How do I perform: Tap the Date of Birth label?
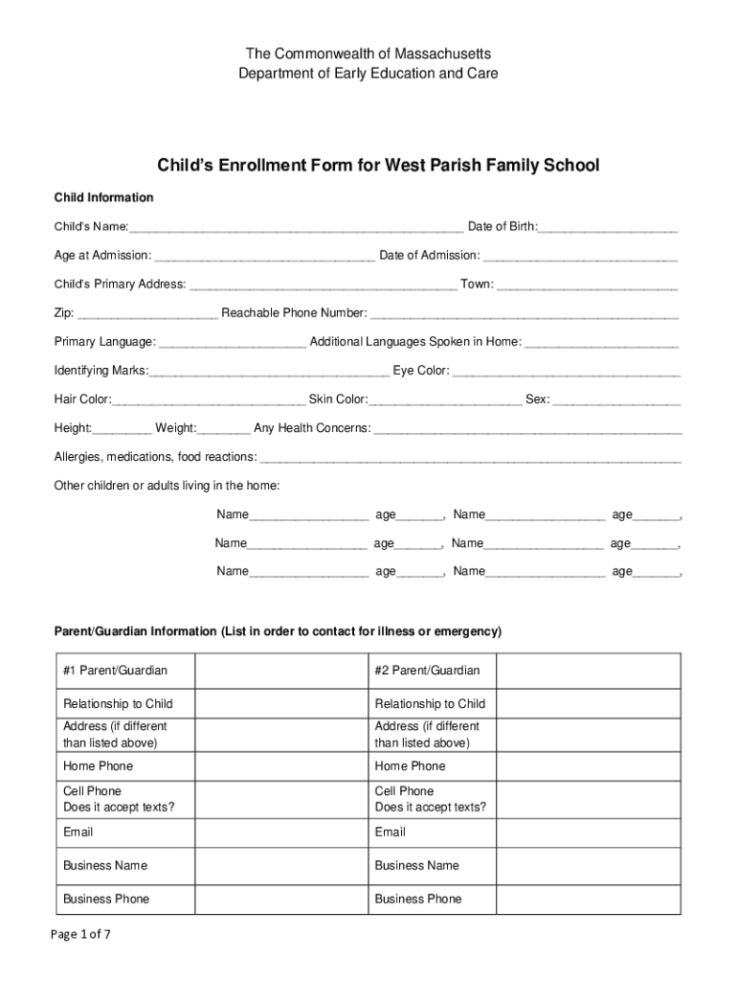pyautogui.click(x=502, y=226)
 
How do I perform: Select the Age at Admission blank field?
pyautogui.click(x=264, y=257)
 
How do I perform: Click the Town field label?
pyautogui.click(x=477, y=284)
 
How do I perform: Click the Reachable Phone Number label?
pyautogui.click(x=294, y=312)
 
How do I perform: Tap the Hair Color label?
pyautogui.click(x=82, y=399)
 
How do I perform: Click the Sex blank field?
pyautogui.click(x=616, y=400)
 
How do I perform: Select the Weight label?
pyautogui.click(x=176, y=427)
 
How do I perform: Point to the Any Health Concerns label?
pyautogui.click(x=312, y=427)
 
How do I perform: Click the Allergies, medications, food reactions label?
pyautogui.click(x=155, y=456)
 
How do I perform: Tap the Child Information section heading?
pyautogui.click(x=103, y=197)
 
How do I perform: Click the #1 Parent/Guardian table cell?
pyautogui.click(x=115, y=670)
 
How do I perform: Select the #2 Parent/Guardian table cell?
pyautogui.click(x=427, y=670)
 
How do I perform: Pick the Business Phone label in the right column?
pyautogui.click(x=417, y=899)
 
